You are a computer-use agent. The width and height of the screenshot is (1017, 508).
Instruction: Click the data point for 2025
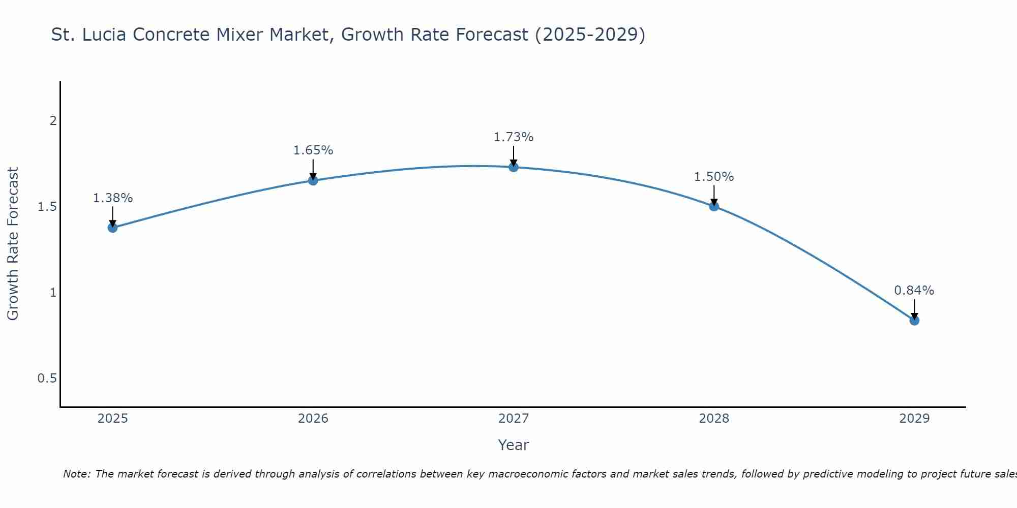coord(113,228)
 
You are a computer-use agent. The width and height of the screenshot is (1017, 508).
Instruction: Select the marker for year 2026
coord(313,180)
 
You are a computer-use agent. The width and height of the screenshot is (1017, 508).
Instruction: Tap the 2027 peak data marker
coord(514,167)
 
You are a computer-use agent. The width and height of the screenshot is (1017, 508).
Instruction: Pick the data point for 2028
coord(714,206)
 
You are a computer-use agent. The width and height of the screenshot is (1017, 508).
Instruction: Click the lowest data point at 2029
coord(914,321)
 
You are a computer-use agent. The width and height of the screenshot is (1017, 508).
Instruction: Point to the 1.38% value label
coord(113,198)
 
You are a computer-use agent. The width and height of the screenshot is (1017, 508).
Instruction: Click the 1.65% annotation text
coord(313,150)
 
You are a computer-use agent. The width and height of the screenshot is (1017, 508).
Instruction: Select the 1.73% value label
coord(514,137)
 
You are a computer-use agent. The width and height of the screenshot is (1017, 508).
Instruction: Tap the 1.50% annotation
coord(714,177)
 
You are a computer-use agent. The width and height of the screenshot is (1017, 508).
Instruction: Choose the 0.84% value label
coord(914,291)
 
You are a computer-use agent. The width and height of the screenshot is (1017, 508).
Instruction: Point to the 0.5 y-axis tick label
coord(47,378)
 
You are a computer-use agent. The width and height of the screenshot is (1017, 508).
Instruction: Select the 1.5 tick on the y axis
coord(47,207)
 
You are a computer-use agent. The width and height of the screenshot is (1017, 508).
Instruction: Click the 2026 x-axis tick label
coord(313,419)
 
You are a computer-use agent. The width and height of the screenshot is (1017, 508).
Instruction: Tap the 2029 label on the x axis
coord(914,419)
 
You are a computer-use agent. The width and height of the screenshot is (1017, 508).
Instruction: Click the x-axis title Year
coord(514,445)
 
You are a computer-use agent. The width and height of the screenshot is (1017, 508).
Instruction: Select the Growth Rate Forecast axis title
coord(13,244)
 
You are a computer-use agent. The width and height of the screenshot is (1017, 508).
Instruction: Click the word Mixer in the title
coord(300,35)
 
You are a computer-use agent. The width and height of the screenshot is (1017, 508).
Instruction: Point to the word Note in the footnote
coord(76,474)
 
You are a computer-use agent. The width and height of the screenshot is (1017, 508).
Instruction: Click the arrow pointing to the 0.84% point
coord(914,309)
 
